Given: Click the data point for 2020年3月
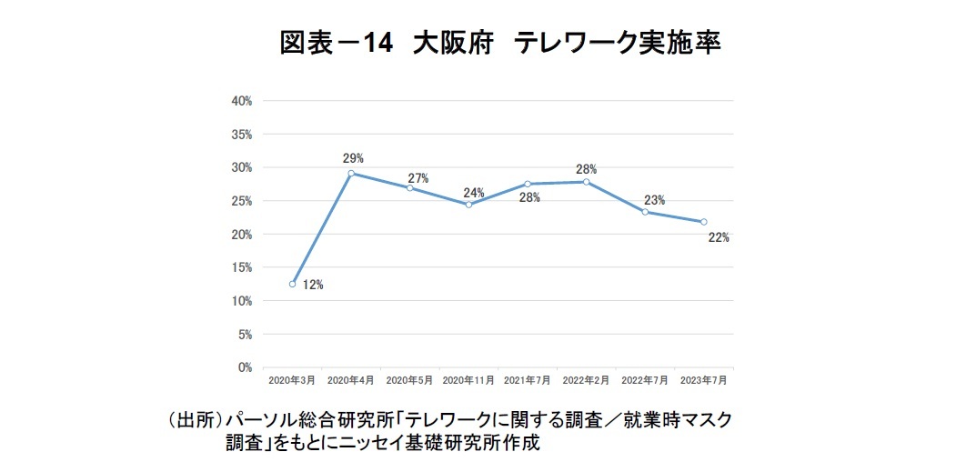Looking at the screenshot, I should pyautogui.click(x=292, y=284).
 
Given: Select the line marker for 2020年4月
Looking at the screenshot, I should pyautogui.click(x=351, y=173).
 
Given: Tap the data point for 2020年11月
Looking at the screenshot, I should pyautogui.click(x=468, y=205).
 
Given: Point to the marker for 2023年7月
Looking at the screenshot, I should pyautogui.click(x=704, y=222).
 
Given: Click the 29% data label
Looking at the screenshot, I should pyautogui.click(x=351, y=157).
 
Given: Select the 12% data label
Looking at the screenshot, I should pyautogui.click(x=313, y=285).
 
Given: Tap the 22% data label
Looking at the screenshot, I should pyautogui.click(x=718, y=238).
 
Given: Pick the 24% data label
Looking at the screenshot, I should pyautogui.click(x=474, y=192).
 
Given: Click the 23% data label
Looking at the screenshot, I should pyautogui.click(x=654, y=200).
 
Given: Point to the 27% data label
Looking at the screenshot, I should pyautogui.click(x=418, y=178).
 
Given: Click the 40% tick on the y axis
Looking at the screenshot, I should pyautogui.click(x=241, y=101).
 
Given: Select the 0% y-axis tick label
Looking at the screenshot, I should pyautogui.click(x=245, y=367).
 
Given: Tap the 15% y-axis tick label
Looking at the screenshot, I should pyautogui.click(x=241, y=267).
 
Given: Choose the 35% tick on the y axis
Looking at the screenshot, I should pyautogui.click(x=241, y=135).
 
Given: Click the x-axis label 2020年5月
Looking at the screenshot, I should pyautogui.click(x=409, y=379).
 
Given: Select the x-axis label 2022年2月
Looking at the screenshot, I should pyautogui.click(x=586, y=379).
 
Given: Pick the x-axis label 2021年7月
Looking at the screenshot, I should pyautogui.click(x=527, y=379).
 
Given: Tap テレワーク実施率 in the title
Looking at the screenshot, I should pyautogui.click(x=618, y=44).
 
